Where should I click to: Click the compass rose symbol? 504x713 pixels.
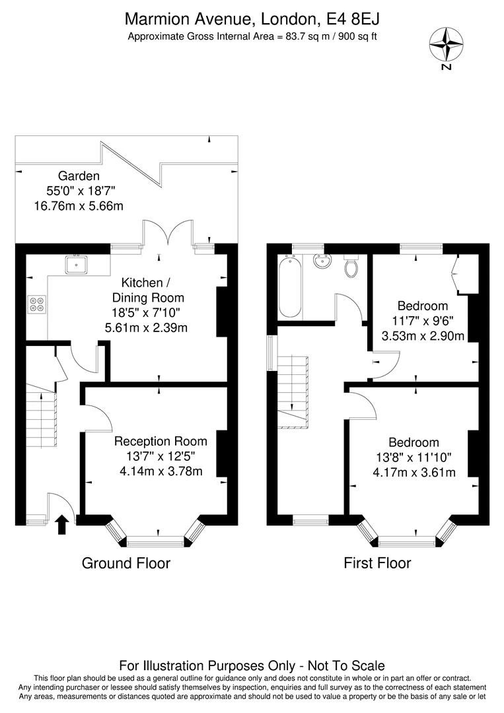tap(446, 44)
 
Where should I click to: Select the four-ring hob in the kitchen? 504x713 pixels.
tap(36, 304)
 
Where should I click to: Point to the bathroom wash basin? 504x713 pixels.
tap(323, 261)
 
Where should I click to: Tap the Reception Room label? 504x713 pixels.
tap(161, 441)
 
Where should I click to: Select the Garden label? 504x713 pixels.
tap(79, 176)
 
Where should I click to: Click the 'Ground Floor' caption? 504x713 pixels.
tap(126, 563)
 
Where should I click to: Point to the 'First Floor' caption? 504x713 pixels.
tap(377, 563)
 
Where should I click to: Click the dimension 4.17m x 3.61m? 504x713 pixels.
tap(414, 472)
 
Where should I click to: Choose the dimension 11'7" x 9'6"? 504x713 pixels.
tap(423, 321)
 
